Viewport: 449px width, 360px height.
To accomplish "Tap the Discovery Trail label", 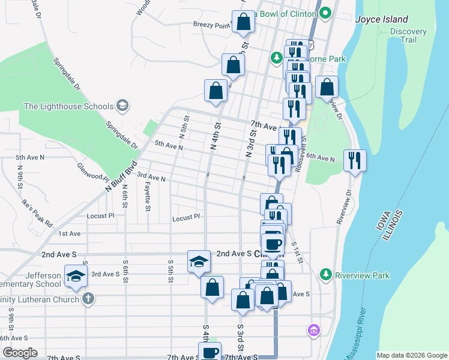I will (x=408, y=35).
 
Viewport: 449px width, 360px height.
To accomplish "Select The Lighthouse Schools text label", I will (x=68, y=106).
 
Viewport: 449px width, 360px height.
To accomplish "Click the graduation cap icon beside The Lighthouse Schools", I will (x=122, y=106).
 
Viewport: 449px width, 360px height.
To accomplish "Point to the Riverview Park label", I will (x=363, y=275).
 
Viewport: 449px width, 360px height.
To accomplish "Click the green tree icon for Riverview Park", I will (x=326, y=274).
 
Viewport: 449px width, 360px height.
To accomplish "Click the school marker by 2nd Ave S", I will (x=199, y=261).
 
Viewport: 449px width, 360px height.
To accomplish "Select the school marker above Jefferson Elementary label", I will (x=76, y=276).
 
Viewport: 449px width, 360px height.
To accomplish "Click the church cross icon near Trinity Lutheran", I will (x=88, y=299).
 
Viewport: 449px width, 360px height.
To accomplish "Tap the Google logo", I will (x=20, y=353).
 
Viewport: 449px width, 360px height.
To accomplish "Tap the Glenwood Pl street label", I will (x=92, y=173).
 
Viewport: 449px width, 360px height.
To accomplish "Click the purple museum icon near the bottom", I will (x=313, y=329).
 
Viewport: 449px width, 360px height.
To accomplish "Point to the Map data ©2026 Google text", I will (x=412, y=355).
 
